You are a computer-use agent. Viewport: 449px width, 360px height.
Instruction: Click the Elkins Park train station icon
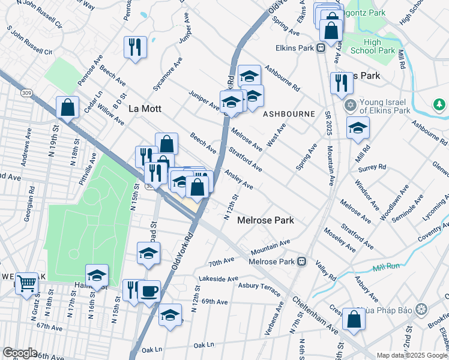click(x=322, y=48)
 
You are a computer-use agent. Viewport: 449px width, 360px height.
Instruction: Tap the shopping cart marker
click(x=26, y=283)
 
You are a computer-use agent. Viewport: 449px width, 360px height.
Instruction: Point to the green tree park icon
click(x=439, y=106)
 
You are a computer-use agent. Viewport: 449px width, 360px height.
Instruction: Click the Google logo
click(x=20, y=352)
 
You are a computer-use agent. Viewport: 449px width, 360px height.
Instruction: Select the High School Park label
click(x=380, y=46)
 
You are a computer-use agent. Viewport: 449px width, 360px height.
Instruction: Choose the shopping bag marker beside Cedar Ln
click(x=68, y=108)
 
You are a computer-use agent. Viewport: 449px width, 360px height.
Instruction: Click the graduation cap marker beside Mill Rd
click(x=358, y=128)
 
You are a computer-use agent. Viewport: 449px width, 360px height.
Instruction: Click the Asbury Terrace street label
click(x=260, y=290)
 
